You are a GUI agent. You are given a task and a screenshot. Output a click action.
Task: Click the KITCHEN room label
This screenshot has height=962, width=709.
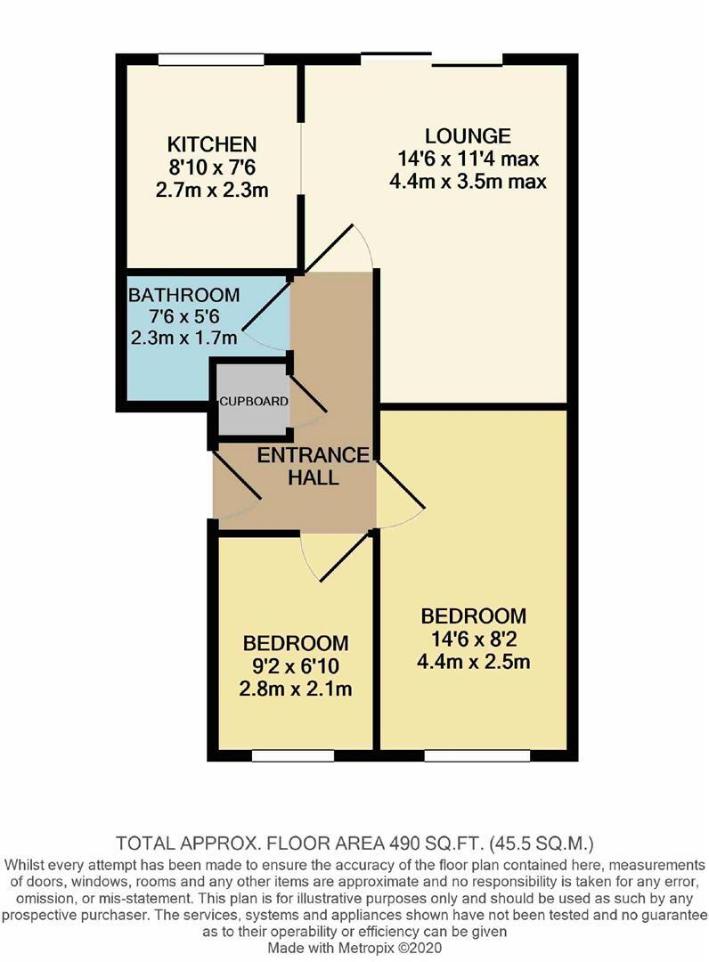point(212,143)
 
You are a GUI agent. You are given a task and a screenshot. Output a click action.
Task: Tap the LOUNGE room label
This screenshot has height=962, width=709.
point(468,136)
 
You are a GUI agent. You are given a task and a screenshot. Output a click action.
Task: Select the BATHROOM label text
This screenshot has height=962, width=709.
point(183,295)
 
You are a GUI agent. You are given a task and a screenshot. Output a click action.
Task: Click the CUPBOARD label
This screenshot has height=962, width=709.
point(254,402)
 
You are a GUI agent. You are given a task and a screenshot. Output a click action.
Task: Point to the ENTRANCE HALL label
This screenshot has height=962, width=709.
point(313,466)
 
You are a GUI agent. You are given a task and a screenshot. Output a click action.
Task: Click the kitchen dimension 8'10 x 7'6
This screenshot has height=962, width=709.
point(212,167)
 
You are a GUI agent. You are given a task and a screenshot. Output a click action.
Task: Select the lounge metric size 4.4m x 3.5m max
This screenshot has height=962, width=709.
point(468,181)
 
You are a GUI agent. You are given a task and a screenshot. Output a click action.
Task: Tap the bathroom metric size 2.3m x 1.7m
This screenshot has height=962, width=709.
point(183,338)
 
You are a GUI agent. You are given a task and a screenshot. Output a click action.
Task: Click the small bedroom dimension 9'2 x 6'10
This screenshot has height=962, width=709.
point(296,666)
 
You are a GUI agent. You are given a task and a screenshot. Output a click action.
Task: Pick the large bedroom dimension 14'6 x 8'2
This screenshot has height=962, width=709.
point(473,639)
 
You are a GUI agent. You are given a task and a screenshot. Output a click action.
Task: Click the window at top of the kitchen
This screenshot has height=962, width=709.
point(211,60)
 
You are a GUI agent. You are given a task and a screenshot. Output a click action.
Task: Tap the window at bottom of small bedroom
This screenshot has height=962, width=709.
point(293,755)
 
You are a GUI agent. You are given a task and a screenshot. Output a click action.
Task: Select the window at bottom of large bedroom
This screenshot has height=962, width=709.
point(467,755)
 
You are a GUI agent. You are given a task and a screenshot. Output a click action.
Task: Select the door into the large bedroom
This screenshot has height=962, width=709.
point(401,495)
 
